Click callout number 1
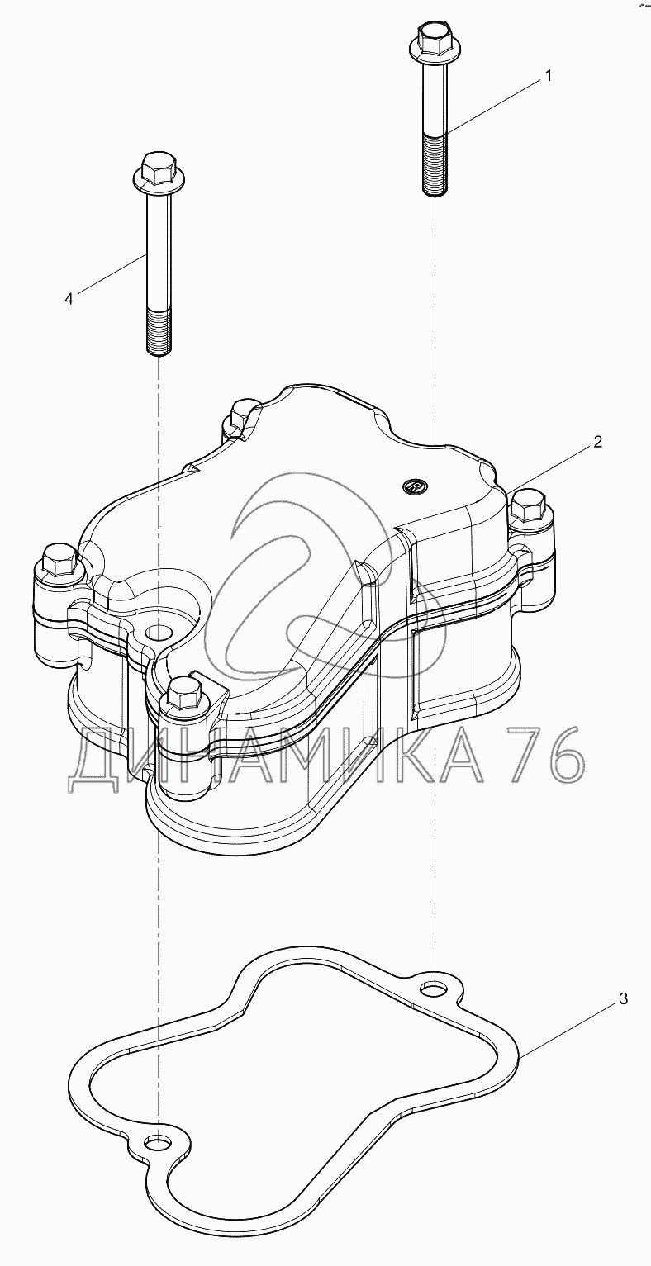click(x=547, y=76)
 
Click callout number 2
click(x=597, y=442)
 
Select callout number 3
click(x=623, y=999)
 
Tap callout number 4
click(x=69, y=298)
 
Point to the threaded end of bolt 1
click(x=435, y=164)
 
